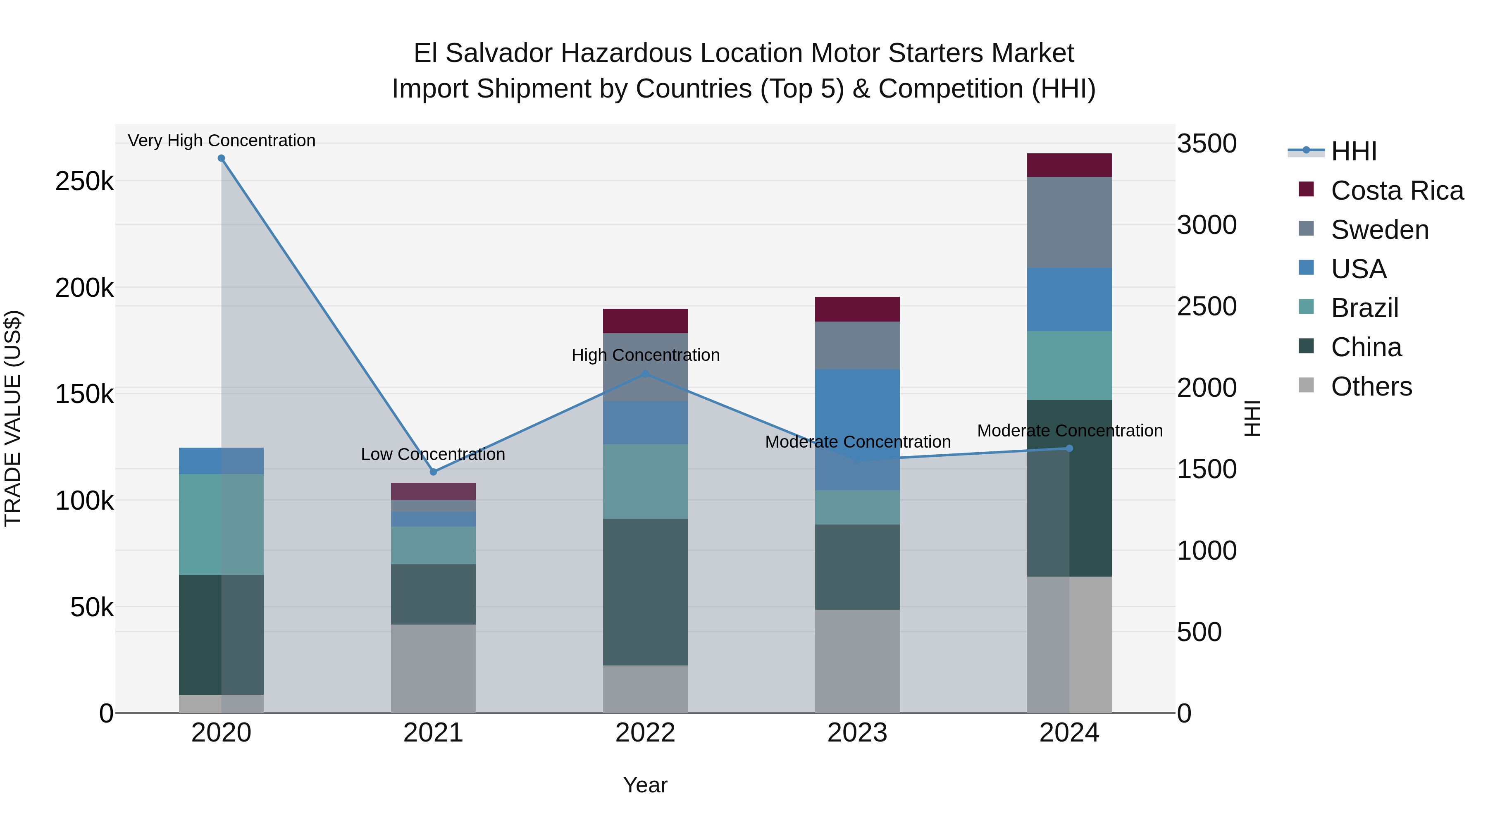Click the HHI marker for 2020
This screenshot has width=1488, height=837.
221,158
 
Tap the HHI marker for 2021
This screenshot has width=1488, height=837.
433,472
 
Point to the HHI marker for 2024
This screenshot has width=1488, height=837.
1069,448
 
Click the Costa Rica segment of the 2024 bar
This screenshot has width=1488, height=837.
1069,165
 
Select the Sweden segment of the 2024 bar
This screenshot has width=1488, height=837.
1069,222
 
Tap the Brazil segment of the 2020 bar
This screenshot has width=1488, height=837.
221,524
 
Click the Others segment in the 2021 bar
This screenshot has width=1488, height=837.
433,668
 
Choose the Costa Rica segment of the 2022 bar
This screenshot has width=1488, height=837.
645,321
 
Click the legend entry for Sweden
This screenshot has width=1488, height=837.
1379,230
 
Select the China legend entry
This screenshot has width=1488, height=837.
1366,347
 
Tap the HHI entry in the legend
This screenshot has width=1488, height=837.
1353,151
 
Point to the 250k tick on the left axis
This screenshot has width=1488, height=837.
84,181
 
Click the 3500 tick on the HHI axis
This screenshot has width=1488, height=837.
1207,143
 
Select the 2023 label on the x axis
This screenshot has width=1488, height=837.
857,733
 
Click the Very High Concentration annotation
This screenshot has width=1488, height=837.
221,141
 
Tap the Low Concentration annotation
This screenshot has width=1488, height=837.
433,455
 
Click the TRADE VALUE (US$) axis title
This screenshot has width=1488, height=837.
13,418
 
